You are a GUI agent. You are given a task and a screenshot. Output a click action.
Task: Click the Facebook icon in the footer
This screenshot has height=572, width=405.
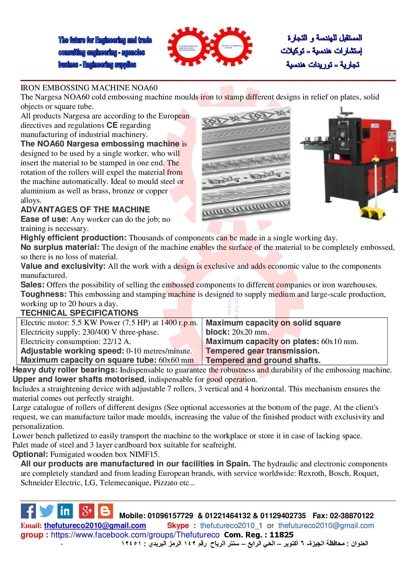(x=28, y=511)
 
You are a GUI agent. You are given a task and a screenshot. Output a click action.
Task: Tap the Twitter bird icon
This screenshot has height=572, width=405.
(x=47, y=511)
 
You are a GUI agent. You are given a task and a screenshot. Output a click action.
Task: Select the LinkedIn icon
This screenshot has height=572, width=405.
(x=65, y=511)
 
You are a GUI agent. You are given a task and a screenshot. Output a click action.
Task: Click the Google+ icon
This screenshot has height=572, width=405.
(x=87, y=511)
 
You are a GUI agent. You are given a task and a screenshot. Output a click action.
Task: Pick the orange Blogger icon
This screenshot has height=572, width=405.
(x=105, y=511)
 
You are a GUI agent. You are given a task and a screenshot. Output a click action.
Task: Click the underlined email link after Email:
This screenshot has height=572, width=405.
(x=95, y=525)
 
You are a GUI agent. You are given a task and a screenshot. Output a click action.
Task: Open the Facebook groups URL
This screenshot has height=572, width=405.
(x=135, y=535)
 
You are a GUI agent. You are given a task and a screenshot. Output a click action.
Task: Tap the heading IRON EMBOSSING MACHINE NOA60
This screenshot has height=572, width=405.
(x=89, y=88)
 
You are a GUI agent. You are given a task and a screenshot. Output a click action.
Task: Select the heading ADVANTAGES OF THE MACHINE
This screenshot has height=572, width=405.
(x=85, y=210)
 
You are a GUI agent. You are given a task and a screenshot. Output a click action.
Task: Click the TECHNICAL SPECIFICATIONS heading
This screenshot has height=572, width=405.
(x=79, y=313)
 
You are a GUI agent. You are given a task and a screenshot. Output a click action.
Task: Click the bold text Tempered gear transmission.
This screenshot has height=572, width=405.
(x=263, y=351)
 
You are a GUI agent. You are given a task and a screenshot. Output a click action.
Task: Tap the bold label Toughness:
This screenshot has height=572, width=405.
(x=43, y=294)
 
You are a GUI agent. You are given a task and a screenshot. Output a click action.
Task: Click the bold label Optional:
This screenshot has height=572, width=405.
(x=30, y=454)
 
